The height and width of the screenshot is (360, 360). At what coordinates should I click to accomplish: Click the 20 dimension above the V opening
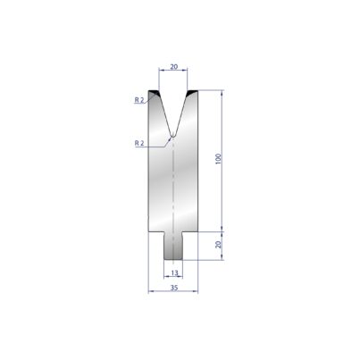(x=173, y=67)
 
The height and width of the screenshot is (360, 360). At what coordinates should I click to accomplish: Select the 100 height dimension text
(x=218, y=159)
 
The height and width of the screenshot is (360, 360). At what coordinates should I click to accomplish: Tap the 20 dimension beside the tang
(x=218, y=245)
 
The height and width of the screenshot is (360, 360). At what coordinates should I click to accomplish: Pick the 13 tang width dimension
(x=174, y=272)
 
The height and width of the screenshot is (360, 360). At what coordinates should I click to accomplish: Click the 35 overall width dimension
(x=174, y=288)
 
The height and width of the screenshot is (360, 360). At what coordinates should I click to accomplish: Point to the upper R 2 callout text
(x=139, y=100)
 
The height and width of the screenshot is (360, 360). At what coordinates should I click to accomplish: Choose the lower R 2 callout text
(x=139, y=143)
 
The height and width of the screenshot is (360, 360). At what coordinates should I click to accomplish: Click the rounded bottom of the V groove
(x=172, y=136)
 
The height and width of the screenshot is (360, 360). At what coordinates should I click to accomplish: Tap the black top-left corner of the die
(x=154, y=92)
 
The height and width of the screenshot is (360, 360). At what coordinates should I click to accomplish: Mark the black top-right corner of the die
(x=192, y=92)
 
